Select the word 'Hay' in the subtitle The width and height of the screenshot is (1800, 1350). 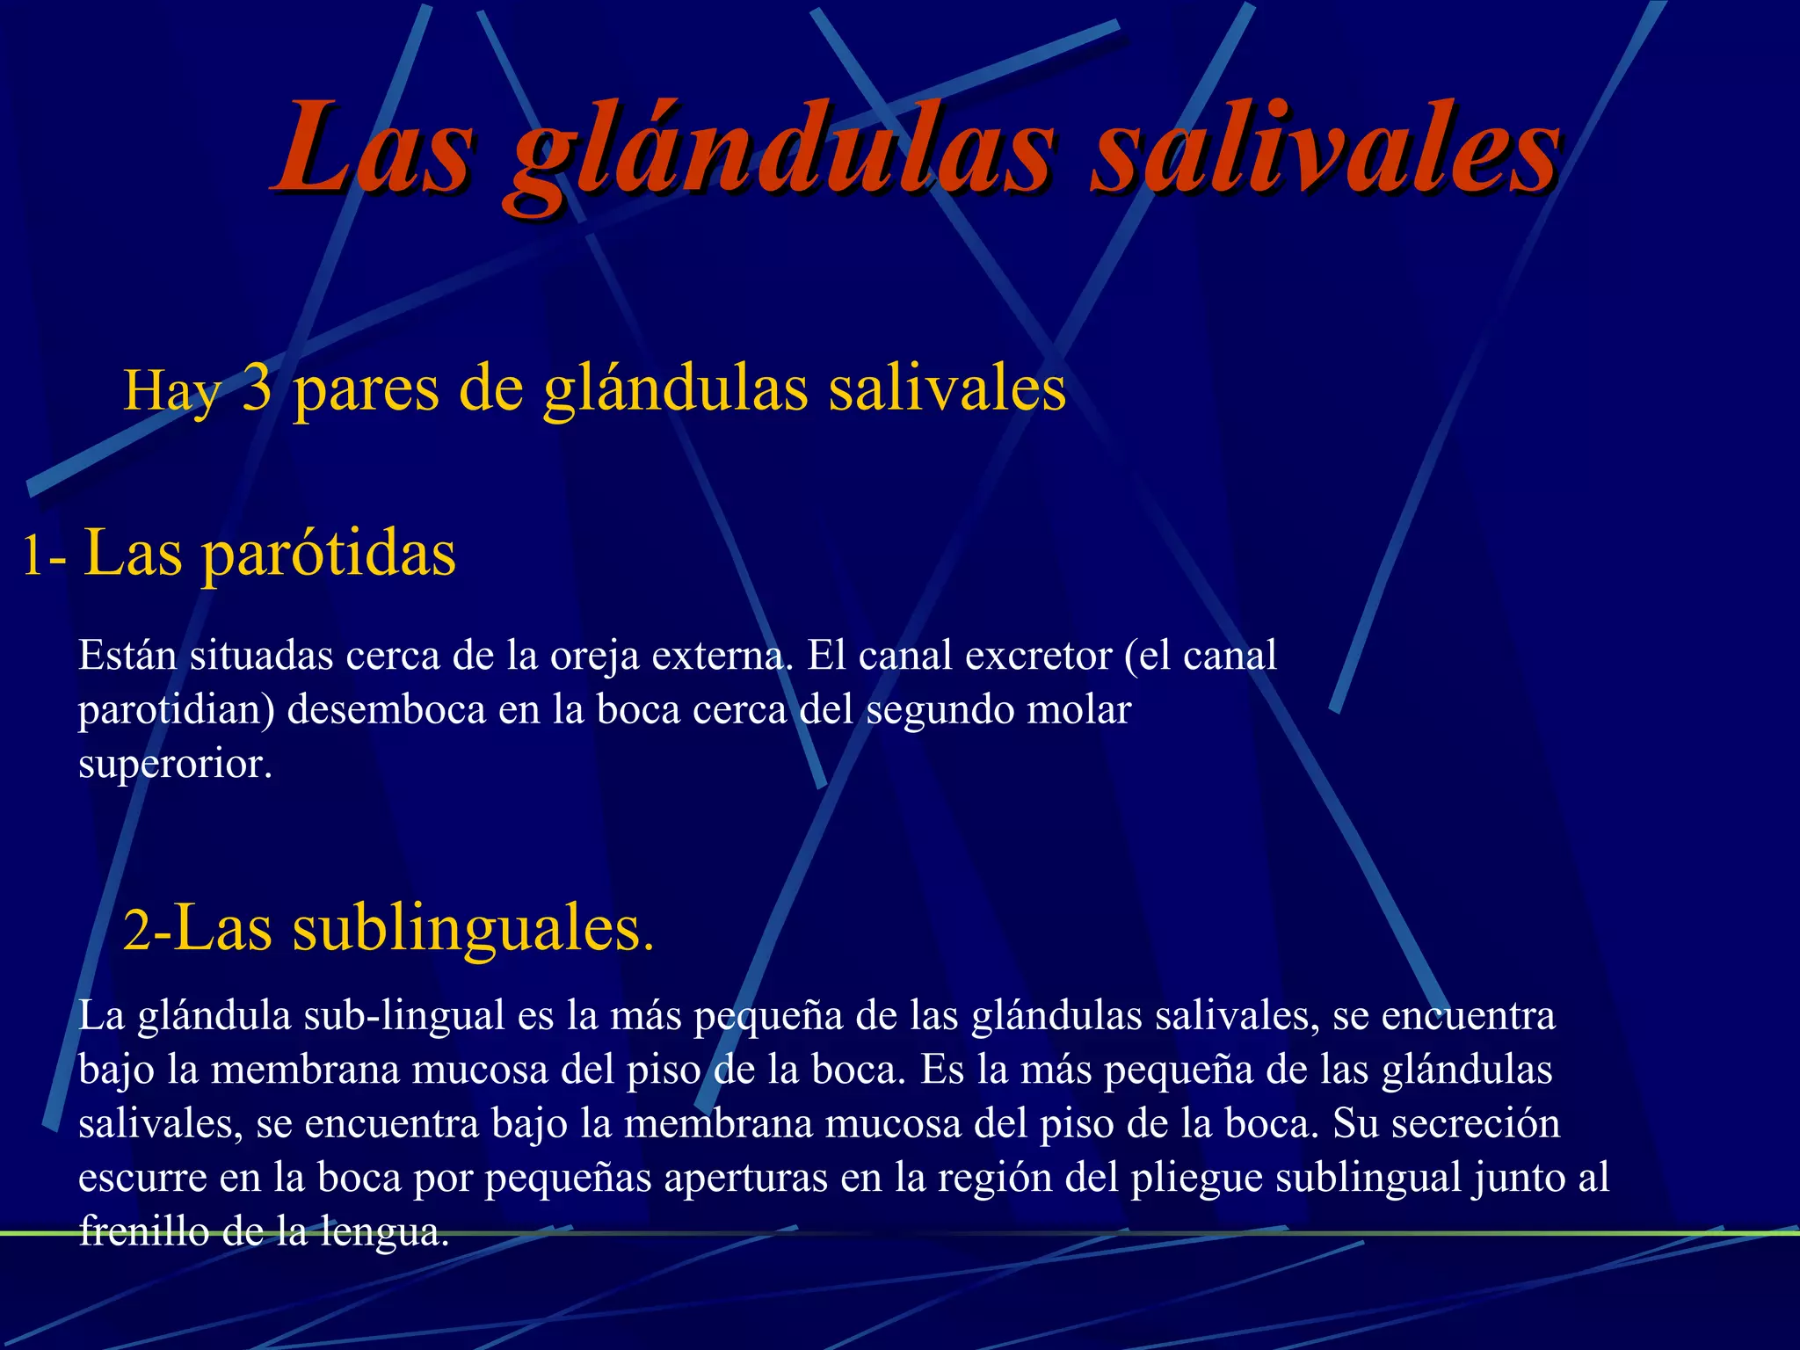point(172,391)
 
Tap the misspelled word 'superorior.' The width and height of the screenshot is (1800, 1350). point(175,764)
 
